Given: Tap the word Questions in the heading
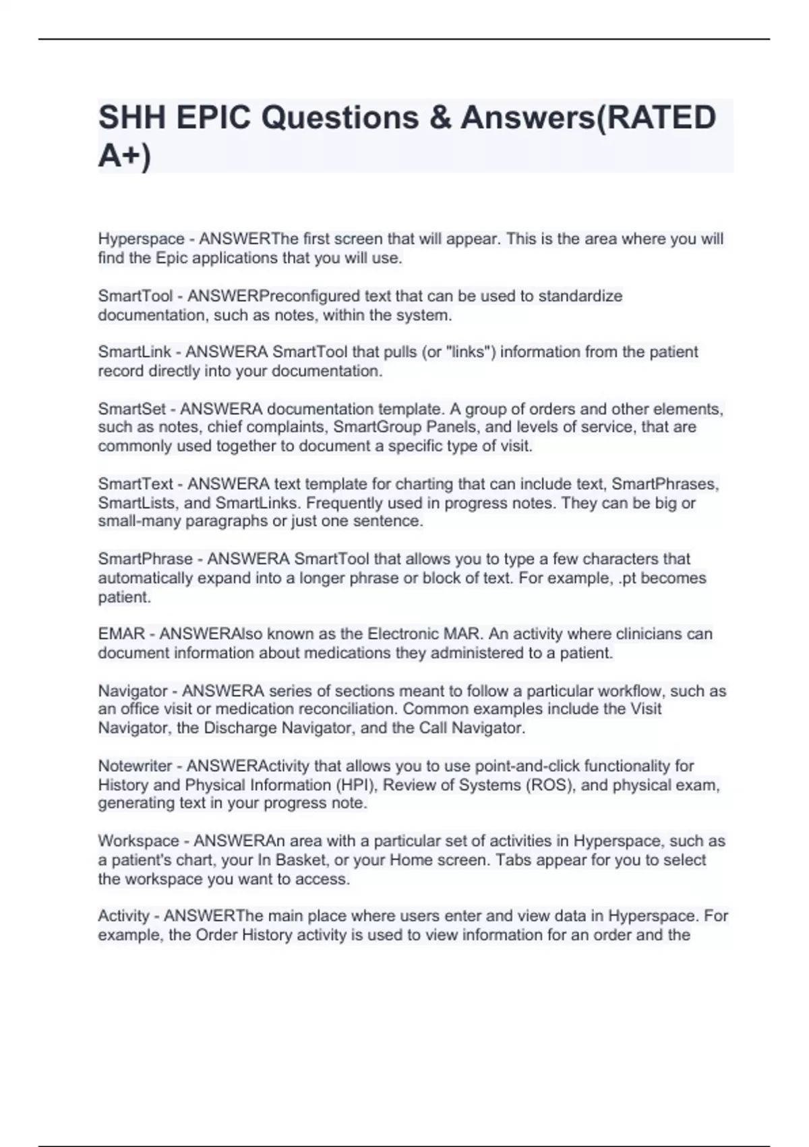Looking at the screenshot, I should (340, 118).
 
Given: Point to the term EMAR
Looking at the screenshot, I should (121, 634).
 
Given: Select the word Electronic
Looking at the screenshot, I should (402, 634).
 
